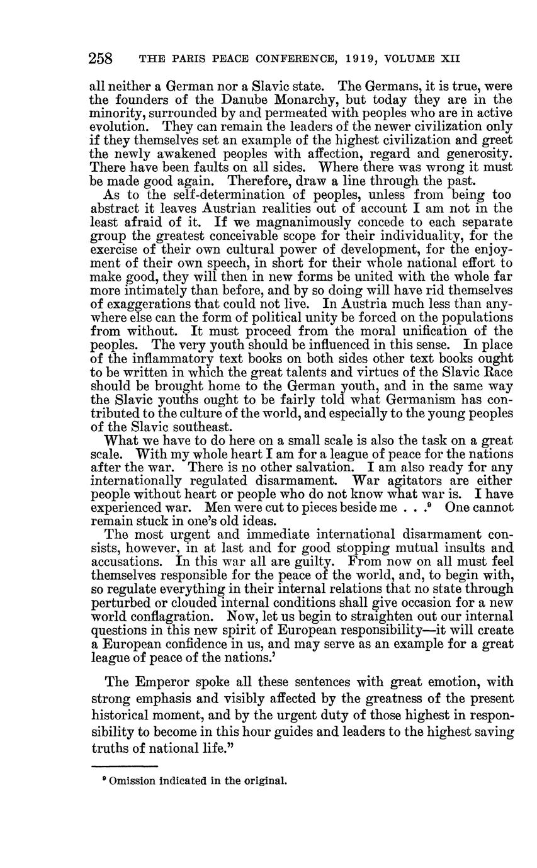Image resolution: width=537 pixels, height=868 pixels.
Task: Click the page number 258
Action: [101, 59]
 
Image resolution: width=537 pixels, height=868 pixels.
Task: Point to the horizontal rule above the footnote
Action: [124, 766]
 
